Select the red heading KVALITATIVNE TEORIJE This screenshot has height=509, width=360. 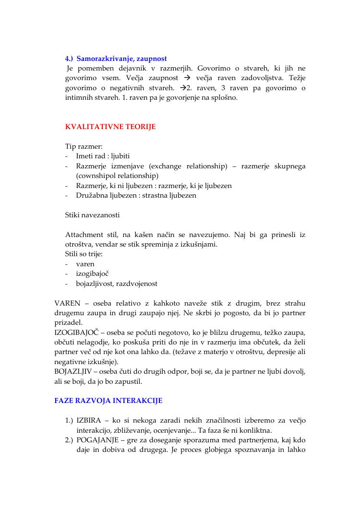(x=110, y=127)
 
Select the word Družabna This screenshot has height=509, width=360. (x=93, y=195)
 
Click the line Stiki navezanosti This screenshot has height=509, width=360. (x=92, y=215)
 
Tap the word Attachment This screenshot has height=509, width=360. (x=84, y=235)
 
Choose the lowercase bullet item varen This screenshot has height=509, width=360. (x=85, y=264)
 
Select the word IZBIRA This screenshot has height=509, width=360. (x=89, y=420)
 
